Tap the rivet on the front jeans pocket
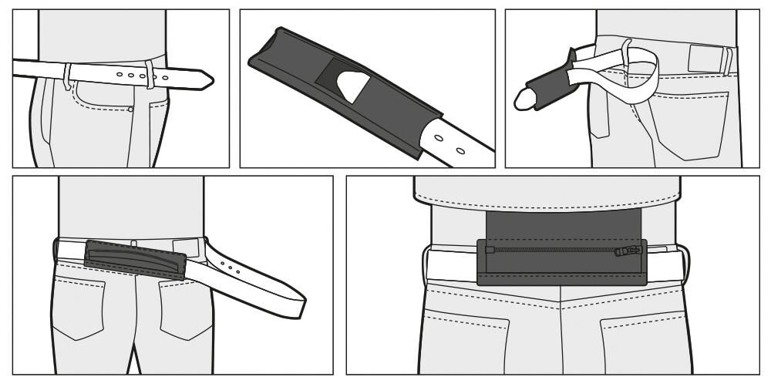tap(130, 109)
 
